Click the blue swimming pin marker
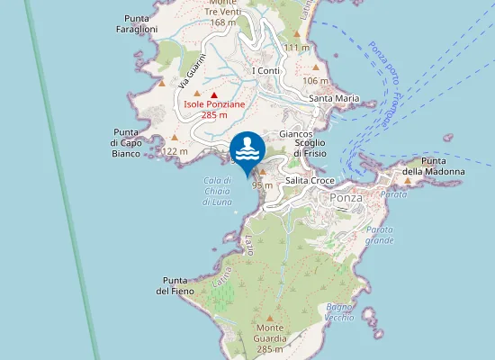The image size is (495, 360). [x=247, y=148]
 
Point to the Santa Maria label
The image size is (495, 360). [x=334, y=98]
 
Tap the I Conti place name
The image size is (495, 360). [x=266, y=71]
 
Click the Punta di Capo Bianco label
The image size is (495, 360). [x=127, y=142]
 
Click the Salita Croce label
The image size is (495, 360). [x=310, y=181]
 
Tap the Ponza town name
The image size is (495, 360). [x=346, y=198]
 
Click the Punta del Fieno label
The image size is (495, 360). [x=175, y=285]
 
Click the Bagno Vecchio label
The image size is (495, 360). [x=340, y=312]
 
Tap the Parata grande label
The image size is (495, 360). [x=379, y=236]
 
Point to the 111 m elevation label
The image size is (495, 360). [x=296, y=47]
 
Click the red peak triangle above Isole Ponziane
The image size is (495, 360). [x=214, y=94]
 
